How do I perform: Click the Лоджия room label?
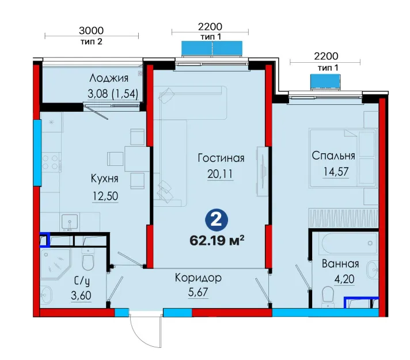tap(109, 78)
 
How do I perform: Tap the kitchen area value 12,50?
tap(105, 196)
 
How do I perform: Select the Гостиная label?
tap(221, 158)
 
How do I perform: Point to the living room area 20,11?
tap(220, 174)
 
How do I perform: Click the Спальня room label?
tap(333, 156)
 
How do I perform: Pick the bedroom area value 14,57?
tap(336, 172)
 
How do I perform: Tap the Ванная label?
tap(340, 263)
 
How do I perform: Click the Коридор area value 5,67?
tap(198, 292)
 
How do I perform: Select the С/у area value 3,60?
tap(81, 295)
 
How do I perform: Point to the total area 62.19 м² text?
tap(217, 240)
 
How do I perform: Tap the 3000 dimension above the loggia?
tap(91, 31)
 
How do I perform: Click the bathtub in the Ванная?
tap(350, 243)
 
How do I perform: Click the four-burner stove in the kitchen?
tap(51, 162)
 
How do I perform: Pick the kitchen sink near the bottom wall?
tap(70, 222)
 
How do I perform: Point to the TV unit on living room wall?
tap(263, 172)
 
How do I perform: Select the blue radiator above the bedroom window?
tap(325, 82)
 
